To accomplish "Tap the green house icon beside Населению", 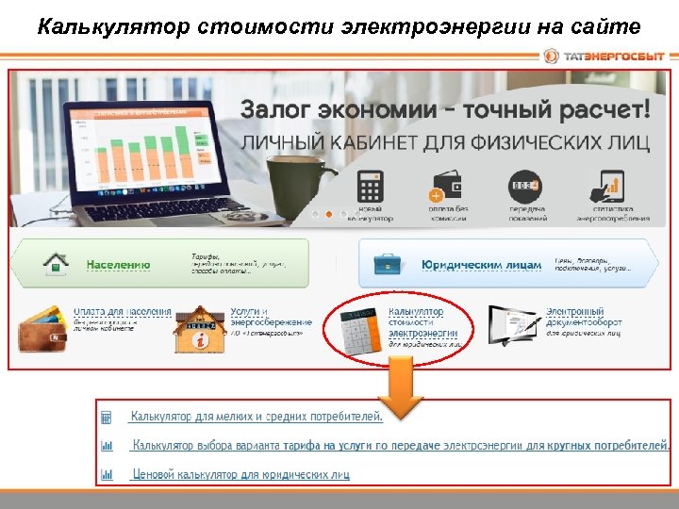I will click(58, 263).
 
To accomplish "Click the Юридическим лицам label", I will click(482, 265).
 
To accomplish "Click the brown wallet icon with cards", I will click(41, 326).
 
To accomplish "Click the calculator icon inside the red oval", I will click(356, 332).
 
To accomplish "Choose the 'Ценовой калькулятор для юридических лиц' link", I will click(240, 474).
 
